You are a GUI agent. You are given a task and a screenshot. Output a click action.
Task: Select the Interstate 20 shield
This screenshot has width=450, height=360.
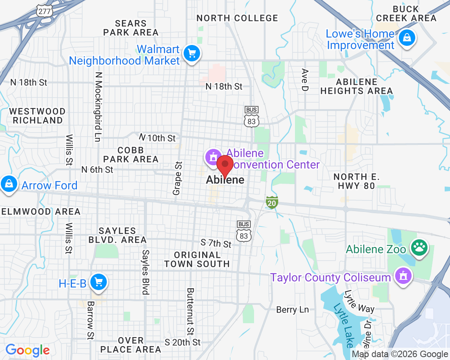point(272,202)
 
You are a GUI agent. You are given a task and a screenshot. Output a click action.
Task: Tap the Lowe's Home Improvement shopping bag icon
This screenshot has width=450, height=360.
point(407,38)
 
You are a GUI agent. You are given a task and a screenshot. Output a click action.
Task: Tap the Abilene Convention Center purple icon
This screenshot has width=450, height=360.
point(213,157)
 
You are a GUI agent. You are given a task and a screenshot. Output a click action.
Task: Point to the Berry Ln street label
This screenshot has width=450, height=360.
point(292,310)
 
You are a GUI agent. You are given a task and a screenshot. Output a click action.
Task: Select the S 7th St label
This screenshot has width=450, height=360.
point(216,243)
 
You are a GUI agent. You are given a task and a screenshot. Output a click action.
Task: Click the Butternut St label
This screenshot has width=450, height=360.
point(190,311)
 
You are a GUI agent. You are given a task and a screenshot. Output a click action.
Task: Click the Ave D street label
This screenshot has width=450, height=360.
point(305,80)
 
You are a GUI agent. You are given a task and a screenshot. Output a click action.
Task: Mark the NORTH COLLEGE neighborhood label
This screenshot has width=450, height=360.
point(237,18)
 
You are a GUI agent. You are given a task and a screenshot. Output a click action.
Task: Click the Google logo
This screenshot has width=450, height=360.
point(27,350)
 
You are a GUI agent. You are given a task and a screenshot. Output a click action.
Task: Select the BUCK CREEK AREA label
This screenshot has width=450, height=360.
point(406,13)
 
